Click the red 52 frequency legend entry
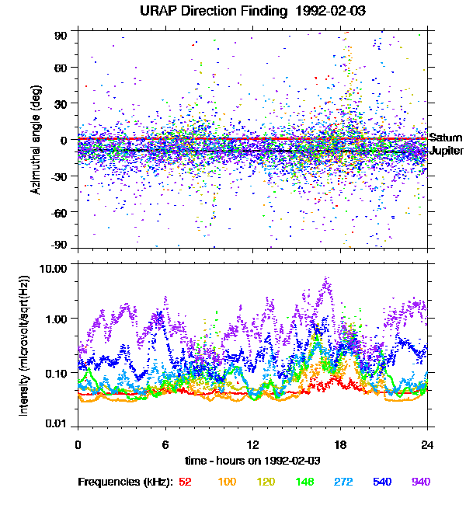(x=185, y=482)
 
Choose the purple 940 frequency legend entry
(x=420, y=482)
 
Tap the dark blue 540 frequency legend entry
(x=381, y=482)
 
